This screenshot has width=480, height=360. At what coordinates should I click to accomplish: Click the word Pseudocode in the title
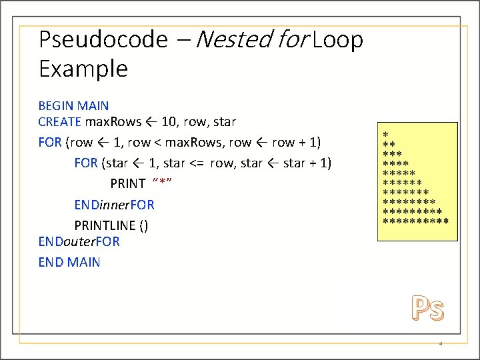coord(103,41)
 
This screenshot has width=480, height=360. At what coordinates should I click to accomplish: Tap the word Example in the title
coord(83,69)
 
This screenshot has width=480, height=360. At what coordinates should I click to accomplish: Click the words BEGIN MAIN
coord(73,106)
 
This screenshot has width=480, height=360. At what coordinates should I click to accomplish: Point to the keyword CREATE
coord(60,122)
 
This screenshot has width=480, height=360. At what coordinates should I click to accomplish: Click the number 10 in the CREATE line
coord(170,122)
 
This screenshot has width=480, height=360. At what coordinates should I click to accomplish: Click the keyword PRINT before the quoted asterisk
coord(128,184)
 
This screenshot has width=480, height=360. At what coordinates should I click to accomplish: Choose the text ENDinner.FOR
coord(114,205)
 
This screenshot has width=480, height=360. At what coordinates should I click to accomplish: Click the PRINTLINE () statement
coord(111,225)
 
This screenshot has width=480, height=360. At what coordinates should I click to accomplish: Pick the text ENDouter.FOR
coord(79,241)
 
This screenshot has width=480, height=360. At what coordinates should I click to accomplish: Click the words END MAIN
coord(69,262)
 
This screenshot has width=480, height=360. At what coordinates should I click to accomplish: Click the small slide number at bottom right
coord(441,344)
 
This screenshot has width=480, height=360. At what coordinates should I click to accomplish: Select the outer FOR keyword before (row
coord(50,143)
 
